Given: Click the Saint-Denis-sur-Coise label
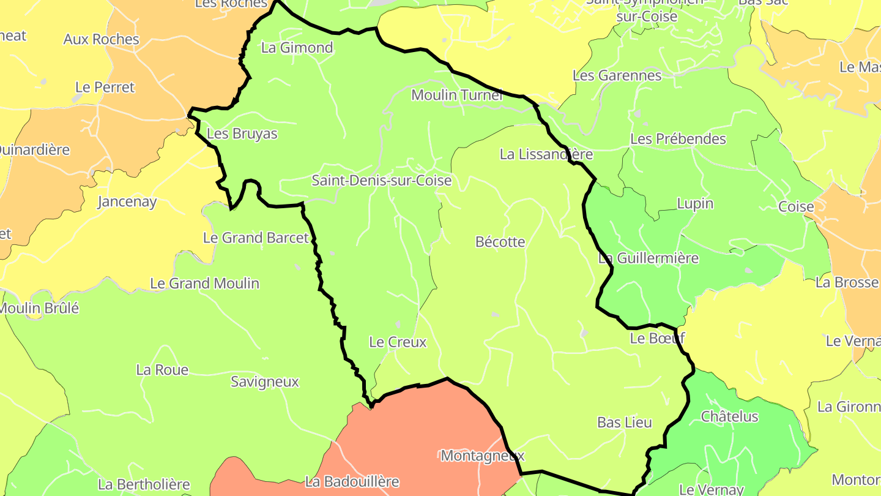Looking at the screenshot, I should [x=382, y=181].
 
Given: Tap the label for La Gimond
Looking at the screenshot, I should [x=297, y=48].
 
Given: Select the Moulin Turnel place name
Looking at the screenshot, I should [x=457, y=95].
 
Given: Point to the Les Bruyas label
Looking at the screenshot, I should [x=242, y=134].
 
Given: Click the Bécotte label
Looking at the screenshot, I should [x=500, y=242].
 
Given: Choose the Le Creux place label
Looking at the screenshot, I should [x=398, y=342].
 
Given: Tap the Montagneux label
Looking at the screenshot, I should [x=483, y=456].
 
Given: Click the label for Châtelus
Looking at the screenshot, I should [x=729, y=417].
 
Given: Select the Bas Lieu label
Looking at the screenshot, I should [x=625, y=423].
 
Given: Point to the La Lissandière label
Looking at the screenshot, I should [x=546, y=154].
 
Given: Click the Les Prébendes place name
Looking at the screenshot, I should [x=678, y=139].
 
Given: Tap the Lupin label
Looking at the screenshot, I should [x=695, y=203].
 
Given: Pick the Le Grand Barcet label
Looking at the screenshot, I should [x=256, y=238].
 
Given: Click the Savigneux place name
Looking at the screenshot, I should [x=265, y=382].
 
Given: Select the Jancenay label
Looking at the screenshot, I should [x=127, y=201].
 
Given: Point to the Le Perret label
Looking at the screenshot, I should [x=105, y=88].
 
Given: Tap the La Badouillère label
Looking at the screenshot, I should [x=352, y=482].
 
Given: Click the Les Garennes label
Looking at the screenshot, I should [x=617, y=75].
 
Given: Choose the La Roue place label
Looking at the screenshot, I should [x=162, y=370].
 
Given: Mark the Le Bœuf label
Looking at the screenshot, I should [x=658, y=338].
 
